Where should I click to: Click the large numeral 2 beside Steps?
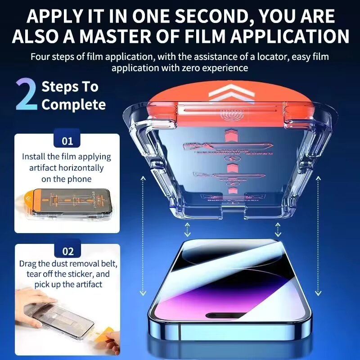click(x=27, y=95)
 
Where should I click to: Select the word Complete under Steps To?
click(x=73, y=105)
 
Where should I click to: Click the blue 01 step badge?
click(x=67, y=141)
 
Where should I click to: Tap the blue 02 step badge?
click(x=67, y=252)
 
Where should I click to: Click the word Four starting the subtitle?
click(x=41, y=58)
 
